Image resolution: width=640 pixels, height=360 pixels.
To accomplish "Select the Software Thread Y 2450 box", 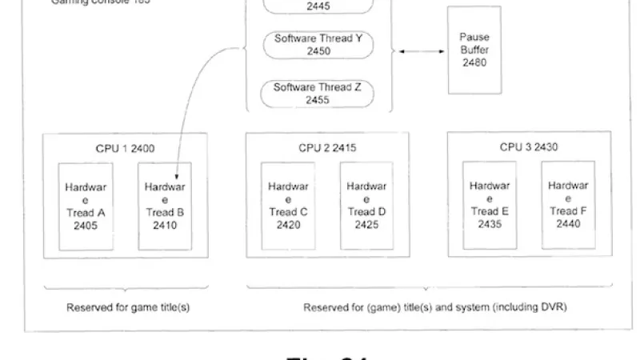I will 318,45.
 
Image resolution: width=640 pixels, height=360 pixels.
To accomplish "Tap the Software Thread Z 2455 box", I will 318,94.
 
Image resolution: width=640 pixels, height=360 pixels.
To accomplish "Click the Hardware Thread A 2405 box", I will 86,206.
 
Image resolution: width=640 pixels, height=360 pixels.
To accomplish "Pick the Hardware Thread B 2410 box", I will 165,206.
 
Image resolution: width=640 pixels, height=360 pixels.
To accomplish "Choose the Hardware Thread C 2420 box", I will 288,206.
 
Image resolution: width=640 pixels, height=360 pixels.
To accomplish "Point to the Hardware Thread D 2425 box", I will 366,206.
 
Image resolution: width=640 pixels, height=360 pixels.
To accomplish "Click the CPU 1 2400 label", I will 125,148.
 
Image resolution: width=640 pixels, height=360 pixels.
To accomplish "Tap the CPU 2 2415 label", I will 327,148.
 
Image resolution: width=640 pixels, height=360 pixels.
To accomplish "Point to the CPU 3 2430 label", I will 529,147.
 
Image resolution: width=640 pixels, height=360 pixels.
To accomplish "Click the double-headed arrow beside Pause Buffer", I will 422,51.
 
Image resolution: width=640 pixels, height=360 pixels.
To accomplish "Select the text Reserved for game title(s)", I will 128,307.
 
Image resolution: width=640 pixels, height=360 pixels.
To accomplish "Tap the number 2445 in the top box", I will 318,6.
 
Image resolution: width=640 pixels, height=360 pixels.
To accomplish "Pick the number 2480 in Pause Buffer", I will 474,62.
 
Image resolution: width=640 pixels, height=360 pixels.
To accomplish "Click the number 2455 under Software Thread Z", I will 318,101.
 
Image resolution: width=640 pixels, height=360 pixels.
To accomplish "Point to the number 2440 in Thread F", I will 568,224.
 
